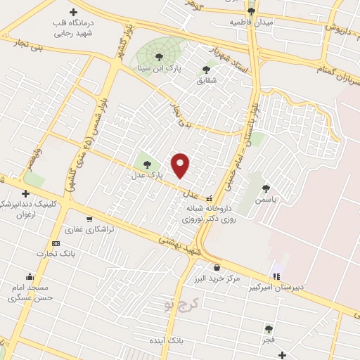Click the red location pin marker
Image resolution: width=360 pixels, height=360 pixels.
click(181, 165)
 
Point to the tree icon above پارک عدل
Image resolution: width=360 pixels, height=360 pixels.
click(146, 164)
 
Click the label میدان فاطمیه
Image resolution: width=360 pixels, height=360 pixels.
click(251, 22)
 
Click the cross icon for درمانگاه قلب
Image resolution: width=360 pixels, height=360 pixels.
click(73, 12)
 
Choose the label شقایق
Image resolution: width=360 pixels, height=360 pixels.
click(205, 79)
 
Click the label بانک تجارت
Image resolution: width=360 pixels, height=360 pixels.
click(57, 253)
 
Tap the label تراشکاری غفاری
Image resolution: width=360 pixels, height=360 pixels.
click(84, 229)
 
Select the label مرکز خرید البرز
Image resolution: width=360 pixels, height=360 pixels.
click(218, 278)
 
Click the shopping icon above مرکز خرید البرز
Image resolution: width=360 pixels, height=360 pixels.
click(217, 267)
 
